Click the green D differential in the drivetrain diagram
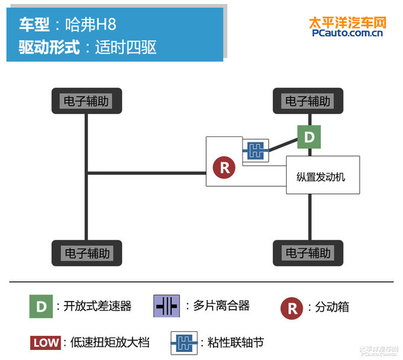(308, 137)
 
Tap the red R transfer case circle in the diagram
(225, 167)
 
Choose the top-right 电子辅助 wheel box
(308, 101)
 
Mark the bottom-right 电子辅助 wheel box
(308, 253)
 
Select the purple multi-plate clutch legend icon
(166, 306)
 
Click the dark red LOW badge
(46, 343)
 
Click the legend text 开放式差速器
(97, 307)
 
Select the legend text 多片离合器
(221, 306)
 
